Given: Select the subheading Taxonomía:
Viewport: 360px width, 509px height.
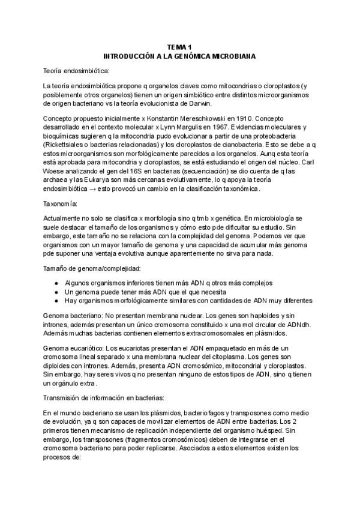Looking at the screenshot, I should (x=62, y=204).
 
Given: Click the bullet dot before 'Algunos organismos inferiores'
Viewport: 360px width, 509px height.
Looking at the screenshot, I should (x=55, y=282).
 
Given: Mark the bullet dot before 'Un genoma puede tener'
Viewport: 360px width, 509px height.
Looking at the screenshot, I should (x=55, y=291).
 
